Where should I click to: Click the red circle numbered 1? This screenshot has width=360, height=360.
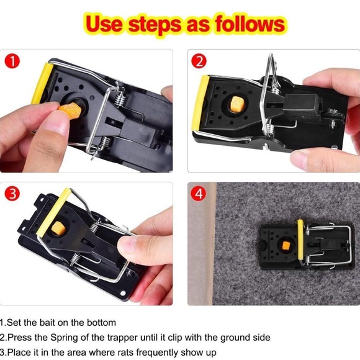tap(12, 61)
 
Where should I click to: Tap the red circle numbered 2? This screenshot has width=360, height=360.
tap(199, 61)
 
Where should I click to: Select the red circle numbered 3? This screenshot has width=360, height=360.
tap(12, 193)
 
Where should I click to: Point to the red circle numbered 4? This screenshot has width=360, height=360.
tap(199, 193)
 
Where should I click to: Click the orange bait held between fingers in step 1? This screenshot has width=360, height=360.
tap(70, 110)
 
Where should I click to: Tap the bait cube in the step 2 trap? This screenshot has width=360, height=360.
tap(236, 104)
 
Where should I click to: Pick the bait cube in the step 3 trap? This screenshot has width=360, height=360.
tap(58, 228)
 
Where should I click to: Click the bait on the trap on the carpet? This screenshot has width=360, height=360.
tap(286, 246)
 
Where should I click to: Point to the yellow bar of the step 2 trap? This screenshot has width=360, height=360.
tap(200, 103)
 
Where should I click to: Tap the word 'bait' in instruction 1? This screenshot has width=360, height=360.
tap(48, 323)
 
